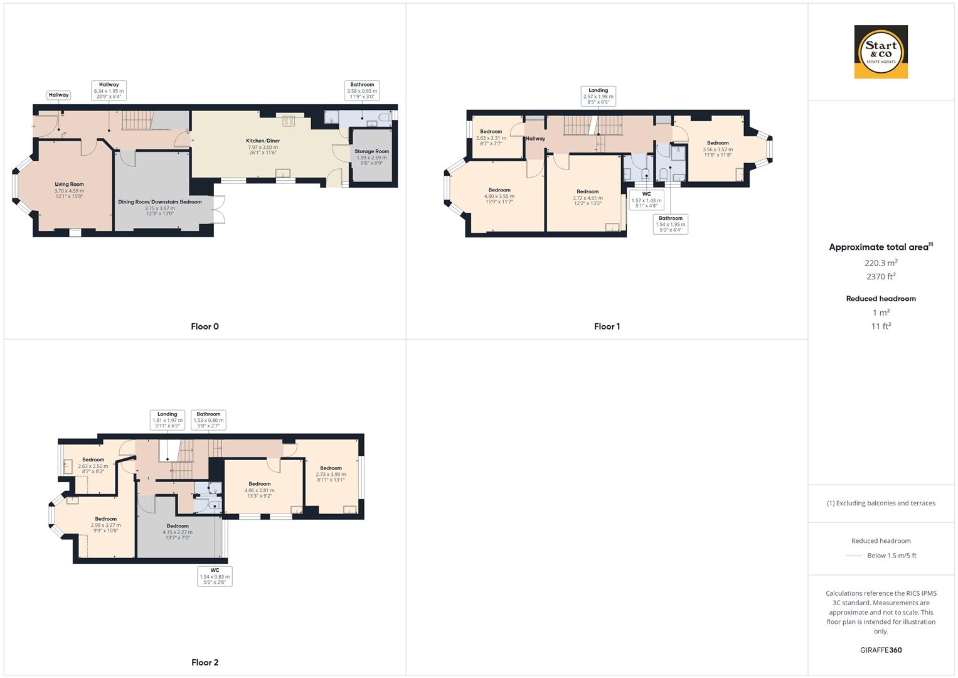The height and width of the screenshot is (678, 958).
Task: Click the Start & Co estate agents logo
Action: [881, 51]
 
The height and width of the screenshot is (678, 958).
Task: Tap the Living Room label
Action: [69, 184]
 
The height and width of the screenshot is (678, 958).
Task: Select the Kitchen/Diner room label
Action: [263, 141]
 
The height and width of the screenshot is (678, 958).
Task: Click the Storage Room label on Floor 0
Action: [371, 151]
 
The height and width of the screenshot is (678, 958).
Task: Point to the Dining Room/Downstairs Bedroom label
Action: [159, 202]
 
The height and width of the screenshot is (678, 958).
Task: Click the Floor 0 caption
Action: [205, 326]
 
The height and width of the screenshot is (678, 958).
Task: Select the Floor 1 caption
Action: [607, 326]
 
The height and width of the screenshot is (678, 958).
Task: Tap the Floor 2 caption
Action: [205, 662]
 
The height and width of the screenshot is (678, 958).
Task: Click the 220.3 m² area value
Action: [881, 263]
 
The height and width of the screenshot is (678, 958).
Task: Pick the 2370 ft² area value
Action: [881, 276]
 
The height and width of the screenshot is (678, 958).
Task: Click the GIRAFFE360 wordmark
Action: [881, 650]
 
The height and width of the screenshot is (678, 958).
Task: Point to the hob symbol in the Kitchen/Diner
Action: [288, 121]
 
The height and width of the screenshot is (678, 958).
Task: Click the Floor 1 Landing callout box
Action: [598, 96]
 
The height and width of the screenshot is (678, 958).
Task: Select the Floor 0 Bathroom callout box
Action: [362, 91]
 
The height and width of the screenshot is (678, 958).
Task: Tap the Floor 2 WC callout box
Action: [215, 576]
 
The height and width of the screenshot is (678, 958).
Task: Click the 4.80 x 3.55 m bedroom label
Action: [499, 196]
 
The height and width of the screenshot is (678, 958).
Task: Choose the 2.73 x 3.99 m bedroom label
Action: [331, 474]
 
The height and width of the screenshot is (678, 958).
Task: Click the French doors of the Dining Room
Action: [218, 210]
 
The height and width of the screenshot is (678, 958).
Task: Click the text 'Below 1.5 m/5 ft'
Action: [891, 555]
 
